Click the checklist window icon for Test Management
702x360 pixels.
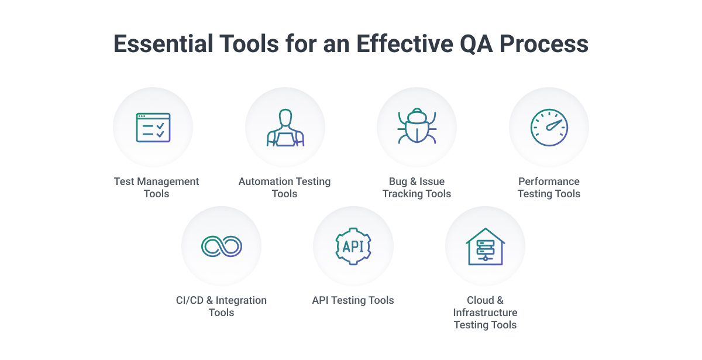point(153,128)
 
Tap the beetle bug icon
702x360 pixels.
point(417,127)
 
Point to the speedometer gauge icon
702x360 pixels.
point(549,128)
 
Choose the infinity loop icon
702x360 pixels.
point(221,246)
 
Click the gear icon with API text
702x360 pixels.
point(353,246)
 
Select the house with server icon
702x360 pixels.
point(485,246)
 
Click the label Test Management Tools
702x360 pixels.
point(156,187)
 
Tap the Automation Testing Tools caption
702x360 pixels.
point(284,187)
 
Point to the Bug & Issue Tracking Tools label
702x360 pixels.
point(417,187)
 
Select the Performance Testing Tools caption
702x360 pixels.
point(549,187)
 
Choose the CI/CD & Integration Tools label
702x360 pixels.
point(221,306)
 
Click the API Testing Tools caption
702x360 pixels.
point(353,300)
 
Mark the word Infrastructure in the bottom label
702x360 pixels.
point(485,313)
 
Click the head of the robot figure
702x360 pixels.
point(285,117)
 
